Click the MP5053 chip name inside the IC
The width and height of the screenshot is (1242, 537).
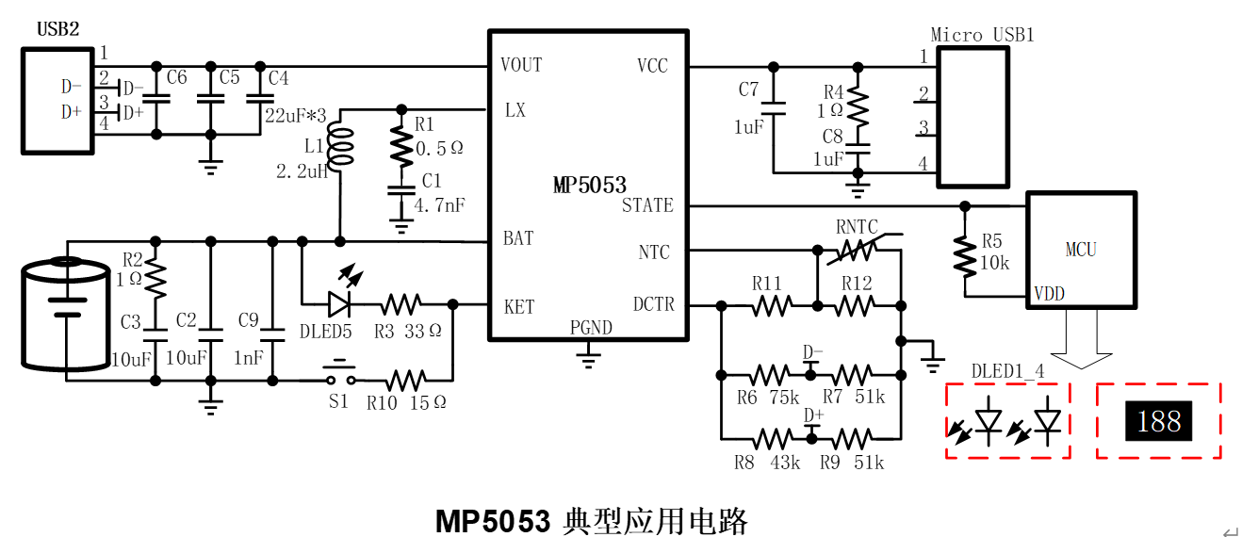point(589,186)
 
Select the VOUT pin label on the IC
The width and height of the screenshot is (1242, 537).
point(521,65)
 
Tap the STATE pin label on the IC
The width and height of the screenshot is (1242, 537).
point(647,205)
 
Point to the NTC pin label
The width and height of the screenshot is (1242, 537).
point(654,252)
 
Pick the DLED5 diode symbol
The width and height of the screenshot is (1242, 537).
point(339,303)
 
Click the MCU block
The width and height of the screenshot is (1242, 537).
point(1081,250)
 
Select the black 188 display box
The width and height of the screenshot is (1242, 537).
point(1158,421)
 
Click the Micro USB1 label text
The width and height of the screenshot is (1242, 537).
point(982,35)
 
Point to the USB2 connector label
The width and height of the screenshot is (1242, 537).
point(57,29)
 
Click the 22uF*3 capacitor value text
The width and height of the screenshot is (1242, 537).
point(295,116)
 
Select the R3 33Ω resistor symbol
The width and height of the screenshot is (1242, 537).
point(400,303)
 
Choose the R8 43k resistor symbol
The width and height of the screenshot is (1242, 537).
point(773,439)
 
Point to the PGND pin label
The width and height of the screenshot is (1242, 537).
point(591,328)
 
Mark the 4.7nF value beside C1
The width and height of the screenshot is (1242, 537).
point(439,203)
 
